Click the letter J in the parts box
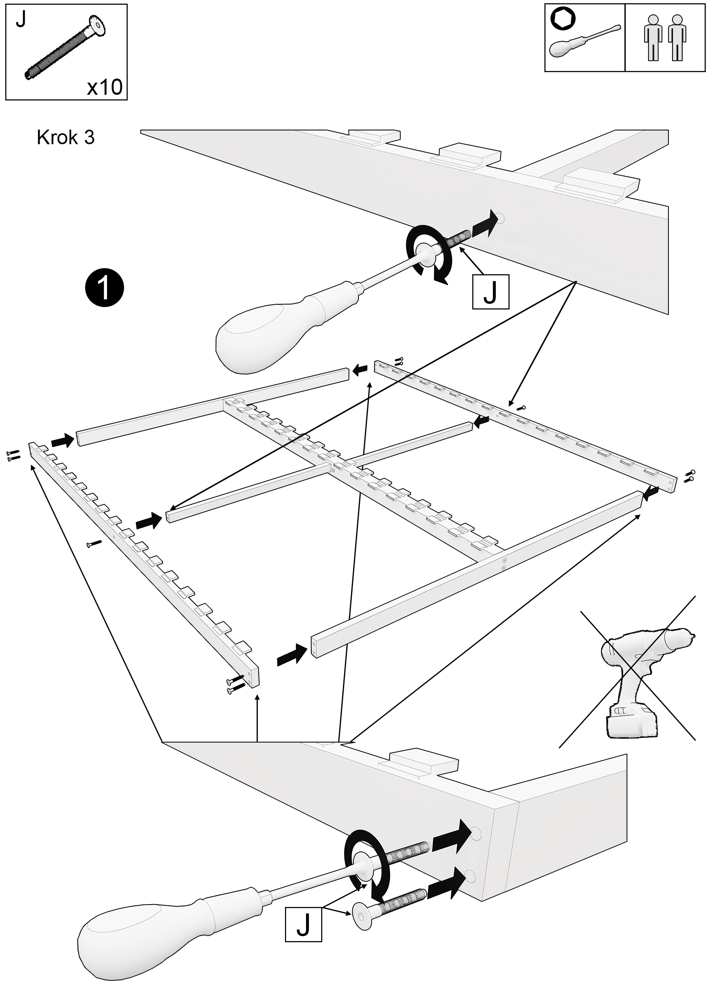click(x=21, y=20)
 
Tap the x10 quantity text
click(x=104, y=87)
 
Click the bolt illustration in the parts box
click(x=66, y=48)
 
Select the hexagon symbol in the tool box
click(x=563, y=19)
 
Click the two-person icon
click(x=665, y=38)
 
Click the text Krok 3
click(x=66, y=137)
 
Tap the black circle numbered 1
click(x=105, y=288)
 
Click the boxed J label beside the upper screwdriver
click(x=491, y=292)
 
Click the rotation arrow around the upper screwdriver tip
click(x=427, y=254)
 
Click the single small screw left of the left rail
click(x=94, y=544)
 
